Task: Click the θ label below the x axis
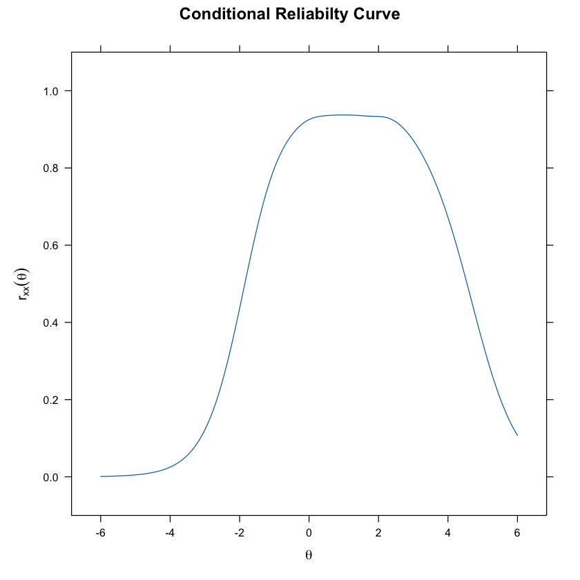click(x=309, y=554)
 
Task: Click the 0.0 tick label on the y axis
click(x=53, y=477)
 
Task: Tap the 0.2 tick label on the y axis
click(x=53, y=400)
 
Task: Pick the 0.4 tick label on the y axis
click(x=53, y=322)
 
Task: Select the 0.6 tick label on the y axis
click(x=53, y=245)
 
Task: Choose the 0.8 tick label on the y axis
click(x=53, y=168)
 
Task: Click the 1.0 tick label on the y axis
click(x=53, y=91)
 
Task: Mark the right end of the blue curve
click(x=517, y=435)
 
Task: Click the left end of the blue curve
click(x=101, y=476)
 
